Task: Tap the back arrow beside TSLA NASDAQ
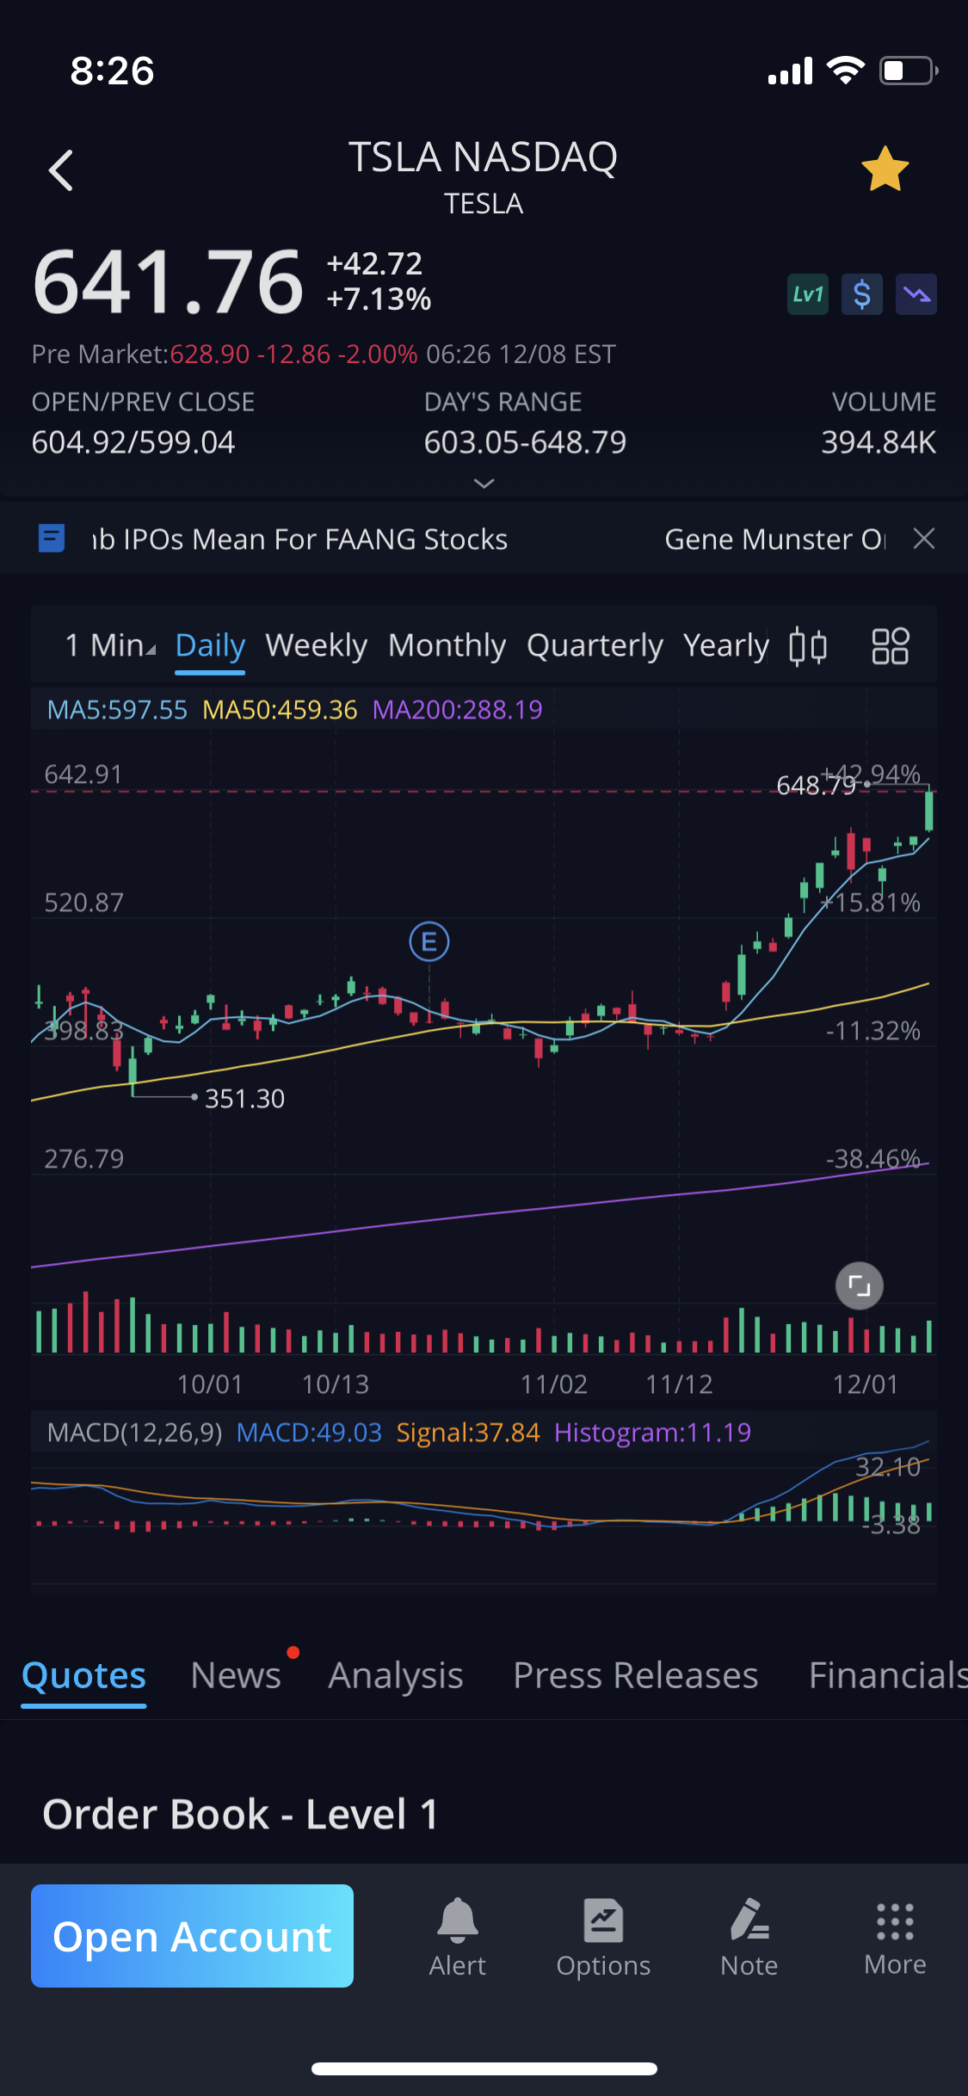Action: point(61,170)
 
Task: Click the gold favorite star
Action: point(885,170)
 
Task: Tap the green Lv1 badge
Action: point(807,295)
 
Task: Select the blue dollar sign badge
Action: point(861,295)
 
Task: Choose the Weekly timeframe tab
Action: point(316,645)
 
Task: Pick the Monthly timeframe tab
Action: point(447,645)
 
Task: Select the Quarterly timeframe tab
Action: point(595,645)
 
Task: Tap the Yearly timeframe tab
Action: point(725,645)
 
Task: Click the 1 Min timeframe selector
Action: point(110,645)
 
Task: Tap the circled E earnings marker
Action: point(429,941)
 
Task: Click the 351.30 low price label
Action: point(244,1099)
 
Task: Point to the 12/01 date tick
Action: point(865,1384)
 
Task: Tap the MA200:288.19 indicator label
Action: point(457,710)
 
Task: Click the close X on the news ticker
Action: point(924,539)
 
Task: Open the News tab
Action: point(236,1675)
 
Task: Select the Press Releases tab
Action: point(635,1675)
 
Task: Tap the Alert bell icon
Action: point(458,1920)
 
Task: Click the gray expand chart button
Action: point(860,1286)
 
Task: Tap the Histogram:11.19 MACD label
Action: point(652,1433)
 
